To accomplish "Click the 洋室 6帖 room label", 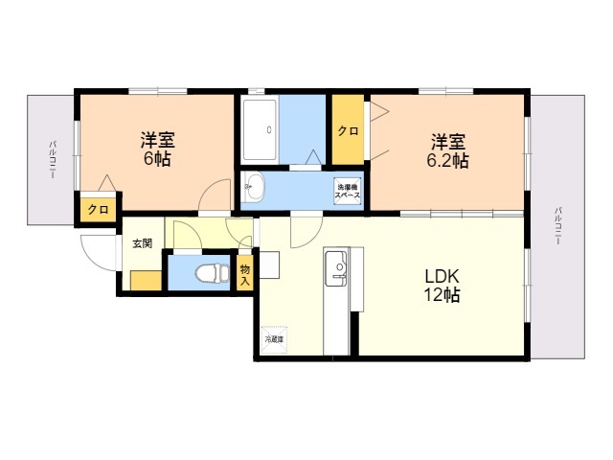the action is tap(157, 149).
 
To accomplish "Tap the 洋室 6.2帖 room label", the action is tap(447, 151).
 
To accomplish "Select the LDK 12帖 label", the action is tap(443, 286).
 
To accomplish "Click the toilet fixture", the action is tap(213, 272).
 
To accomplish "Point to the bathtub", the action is tap(260, 130).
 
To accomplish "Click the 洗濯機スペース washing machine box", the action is tap(347, 191).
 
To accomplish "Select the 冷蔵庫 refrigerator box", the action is tap(274, 339).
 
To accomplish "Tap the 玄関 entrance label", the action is tap(143, 243).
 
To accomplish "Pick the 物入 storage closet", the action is tap(245, 272).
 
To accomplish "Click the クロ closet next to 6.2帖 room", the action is tap(348, 129).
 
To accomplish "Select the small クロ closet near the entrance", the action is tap(98, 210).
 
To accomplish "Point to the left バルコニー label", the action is tap(52, 160).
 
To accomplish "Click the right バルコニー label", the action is tap(558, 226).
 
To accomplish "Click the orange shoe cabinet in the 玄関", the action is tap(146, 281).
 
